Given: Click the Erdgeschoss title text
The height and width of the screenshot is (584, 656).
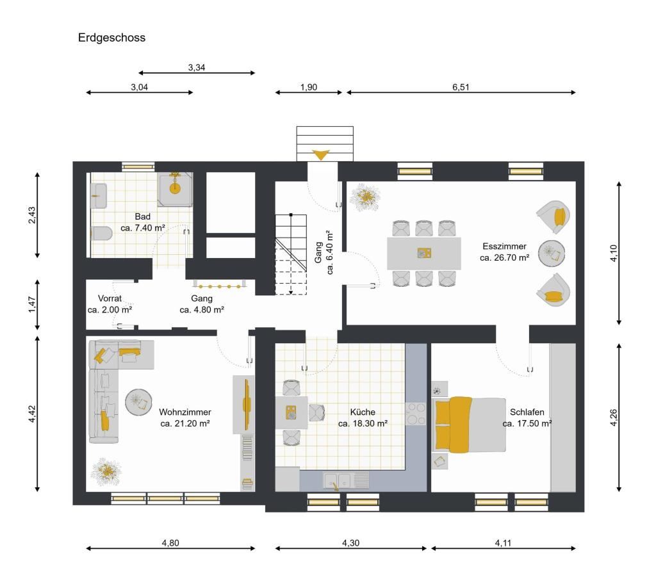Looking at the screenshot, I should coord(111,38).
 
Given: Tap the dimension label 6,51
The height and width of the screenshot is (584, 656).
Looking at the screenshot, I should coord(461,88).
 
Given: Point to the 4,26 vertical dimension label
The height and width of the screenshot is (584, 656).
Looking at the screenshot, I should coord(613,417).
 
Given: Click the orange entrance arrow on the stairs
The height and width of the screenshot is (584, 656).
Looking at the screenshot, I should coord(320,154).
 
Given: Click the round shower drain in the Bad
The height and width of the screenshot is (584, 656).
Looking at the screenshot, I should coord(176,188).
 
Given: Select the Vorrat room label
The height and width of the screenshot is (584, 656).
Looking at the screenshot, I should coord(110,298).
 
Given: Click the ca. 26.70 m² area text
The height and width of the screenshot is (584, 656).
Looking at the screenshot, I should coord(504,257).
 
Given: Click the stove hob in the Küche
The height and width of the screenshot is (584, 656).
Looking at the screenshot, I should coord(416,415).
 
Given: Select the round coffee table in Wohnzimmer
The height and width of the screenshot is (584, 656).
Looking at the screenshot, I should coord(138,402).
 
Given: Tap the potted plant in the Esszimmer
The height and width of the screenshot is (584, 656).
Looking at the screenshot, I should coord(365,198).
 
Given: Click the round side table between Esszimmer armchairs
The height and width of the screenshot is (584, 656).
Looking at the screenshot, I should coord(552,253).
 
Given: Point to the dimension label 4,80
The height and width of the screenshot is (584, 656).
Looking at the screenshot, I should coord(170,543).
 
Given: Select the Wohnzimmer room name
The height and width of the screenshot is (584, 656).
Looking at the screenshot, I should coord(185,412).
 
